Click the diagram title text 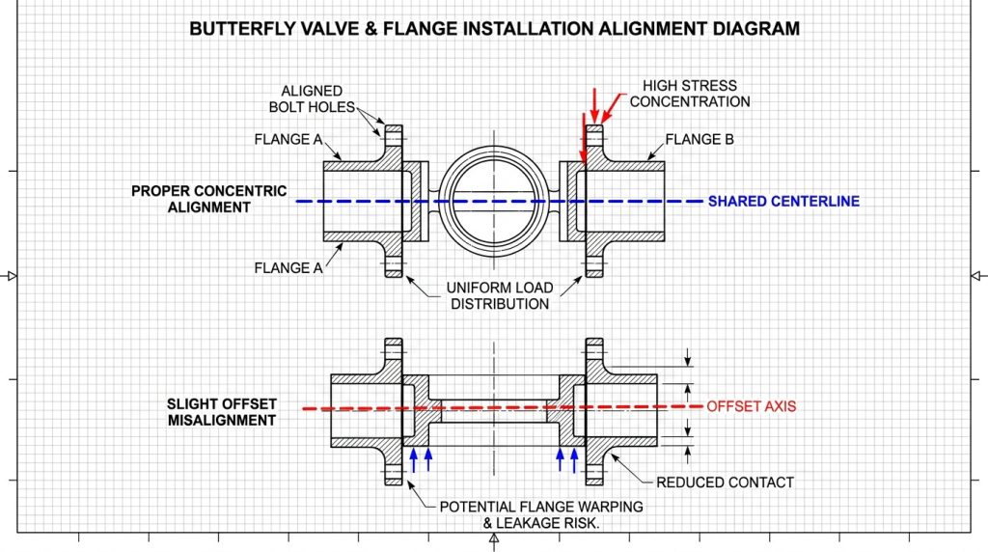click(495, 29)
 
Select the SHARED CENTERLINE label click(783, 202)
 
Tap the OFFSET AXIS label click(751, 406)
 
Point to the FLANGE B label click(700, 139)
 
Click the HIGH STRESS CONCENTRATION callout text click(690, 94)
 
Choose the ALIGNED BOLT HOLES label click(312, 99)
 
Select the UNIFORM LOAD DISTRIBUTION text click(500, 295)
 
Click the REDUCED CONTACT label click(725, 483)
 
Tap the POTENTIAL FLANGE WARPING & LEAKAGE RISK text click(541, 514)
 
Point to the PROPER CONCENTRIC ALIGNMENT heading click(208, 199)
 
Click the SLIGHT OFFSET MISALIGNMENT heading click(222, 412)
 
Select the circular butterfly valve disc click(494, 201)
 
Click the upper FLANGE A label click(288, 139)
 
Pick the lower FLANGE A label click(288, 268)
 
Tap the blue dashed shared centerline click(499, 202)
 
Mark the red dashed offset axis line click(502, 407)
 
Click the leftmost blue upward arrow click(413, 460)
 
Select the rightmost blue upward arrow click(574, 460)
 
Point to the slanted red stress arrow click(611, 106)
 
